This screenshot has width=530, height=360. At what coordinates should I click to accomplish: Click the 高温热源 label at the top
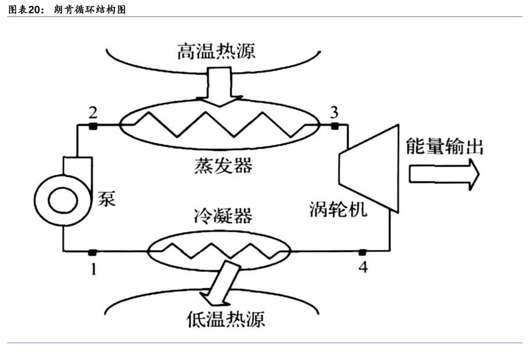tap(216, 51)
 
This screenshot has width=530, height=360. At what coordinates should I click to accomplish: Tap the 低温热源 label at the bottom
tap(226, 320)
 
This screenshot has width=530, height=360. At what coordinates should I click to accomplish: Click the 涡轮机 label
tap(338, 209)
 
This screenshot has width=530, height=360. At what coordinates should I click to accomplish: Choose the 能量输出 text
tap(445, 146)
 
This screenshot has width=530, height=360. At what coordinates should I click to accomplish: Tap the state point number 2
tap(92, 112)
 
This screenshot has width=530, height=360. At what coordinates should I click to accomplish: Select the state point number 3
tap(334, 112)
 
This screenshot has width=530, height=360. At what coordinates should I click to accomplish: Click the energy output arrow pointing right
tap(444, 174)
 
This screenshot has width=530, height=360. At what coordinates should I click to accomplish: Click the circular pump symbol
tap(62, 200)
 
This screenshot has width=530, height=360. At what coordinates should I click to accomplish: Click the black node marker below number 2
tap(92, 126)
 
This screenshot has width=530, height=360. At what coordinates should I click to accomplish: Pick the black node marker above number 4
tap(362, 252)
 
